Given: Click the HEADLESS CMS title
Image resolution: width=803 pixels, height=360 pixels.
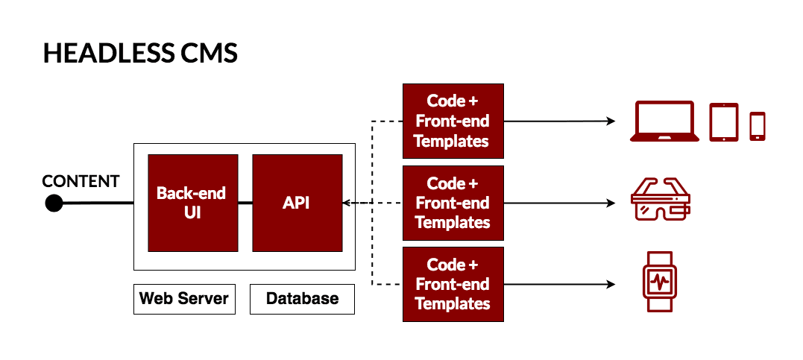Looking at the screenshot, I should (x=140, y=54).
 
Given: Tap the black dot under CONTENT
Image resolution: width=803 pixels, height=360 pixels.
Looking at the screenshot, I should (x=54, y=203).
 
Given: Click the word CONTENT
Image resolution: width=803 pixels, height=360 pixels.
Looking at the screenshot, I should (x=81, y=181).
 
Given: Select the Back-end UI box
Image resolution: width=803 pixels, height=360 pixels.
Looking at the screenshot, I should (x=192, y=203).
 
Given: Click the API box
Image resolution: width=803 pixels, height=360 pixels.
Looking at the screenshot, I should (x=297, y=203).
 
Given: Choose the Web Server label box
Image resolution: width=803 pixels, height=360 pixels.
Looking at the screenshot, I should (x=183, y=299).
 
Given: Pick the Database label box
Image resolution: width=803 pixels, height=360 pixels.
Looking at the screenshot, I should (x=302, y=299).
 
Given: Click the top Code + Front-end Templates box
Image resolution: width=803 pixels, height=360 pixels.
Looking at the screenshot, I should (x=453, y=121).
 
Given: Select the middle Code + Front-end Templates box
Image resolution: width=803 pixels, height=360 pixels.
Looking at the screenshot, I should (x=453, y=203).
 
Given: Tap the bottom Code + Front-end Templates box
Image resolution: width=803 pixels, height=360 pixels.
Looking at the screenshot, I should (x=453, y=284).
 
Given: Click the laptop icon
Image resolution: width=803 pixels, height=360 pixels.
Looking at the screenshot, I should (x=664, y=121).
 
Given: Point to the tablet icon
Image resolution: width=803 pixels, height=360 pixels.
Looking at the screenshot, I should (x=723, y=121).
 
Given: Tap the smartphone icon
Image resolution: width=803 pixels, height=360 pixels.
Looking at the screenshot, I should (x=758, y=126).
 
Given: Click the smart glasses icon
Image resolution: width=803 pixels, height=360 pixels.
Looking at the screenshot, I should (x=661, y=200).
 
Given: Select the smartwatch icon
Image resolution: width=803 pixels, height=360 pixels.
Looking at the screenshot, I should (x=659, y=284).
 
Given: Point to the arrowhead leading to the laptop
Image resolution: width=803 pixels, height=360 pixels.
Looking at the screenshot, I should (x=611, y=121).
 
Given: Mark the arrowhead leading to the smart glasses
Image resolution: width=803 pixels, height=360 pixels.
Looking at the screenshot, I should (x=611, y=203).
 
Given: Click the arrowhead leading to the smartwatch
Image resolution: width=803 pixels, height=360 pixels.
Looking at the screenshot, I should (x=611, y=284).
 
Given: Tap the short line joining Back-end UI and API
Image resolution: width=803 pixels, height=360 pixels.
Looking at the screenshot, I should (x=245, y=203).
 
